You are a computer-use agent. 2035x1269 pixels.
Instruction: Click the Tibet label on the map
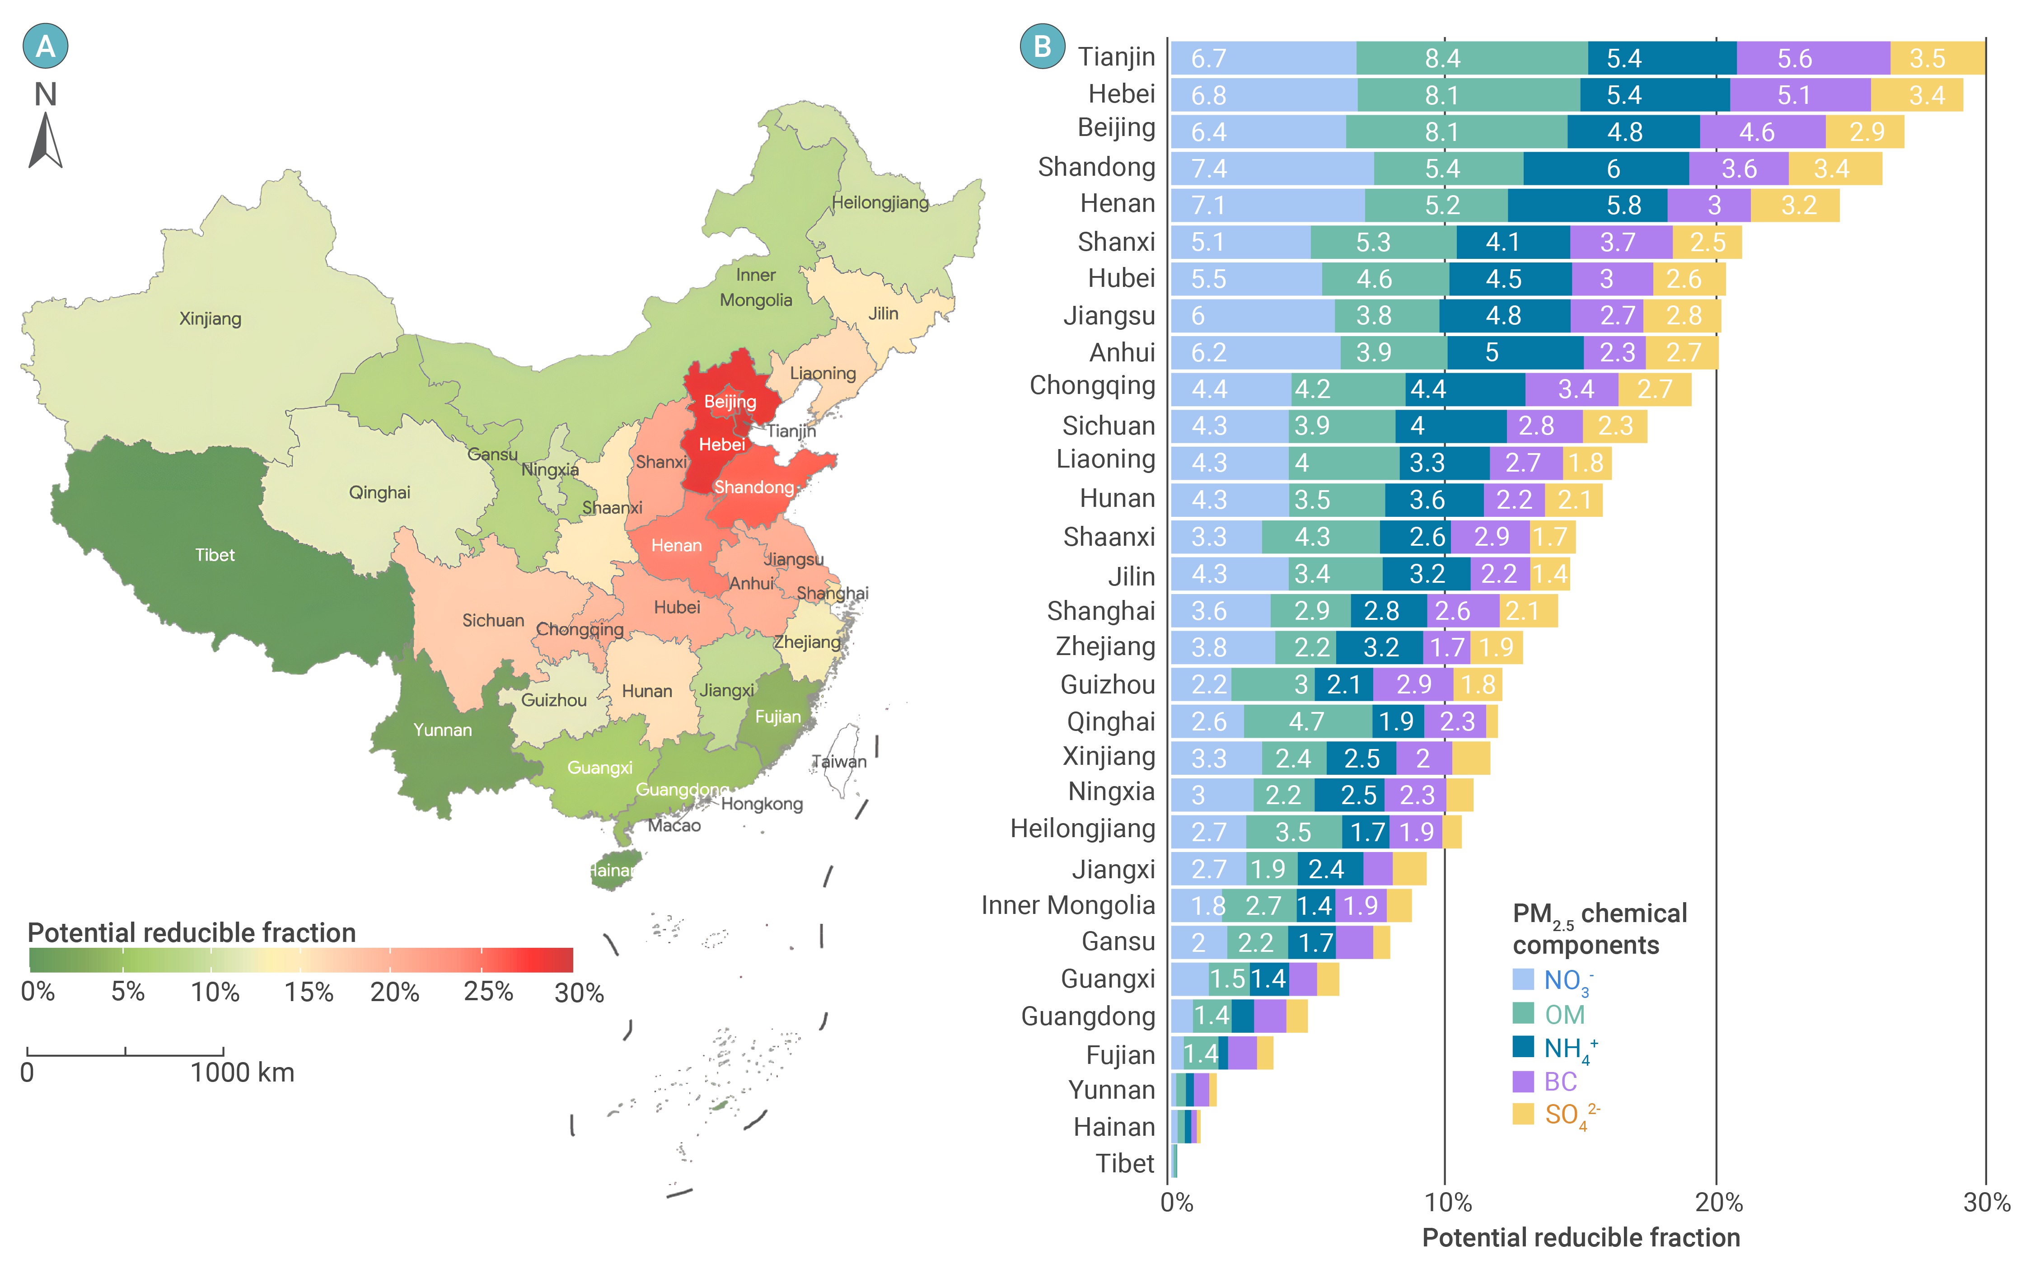tap(215, 555)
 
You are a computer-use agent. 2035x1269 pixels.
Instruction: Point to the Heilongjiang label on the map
tap(880, 202)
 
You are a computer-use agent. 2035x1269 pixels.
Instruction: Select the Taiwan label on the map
tap(838, 762)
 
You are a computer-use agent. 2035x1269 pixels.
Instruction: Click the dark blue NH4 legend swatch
tap(1523, 1047)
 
